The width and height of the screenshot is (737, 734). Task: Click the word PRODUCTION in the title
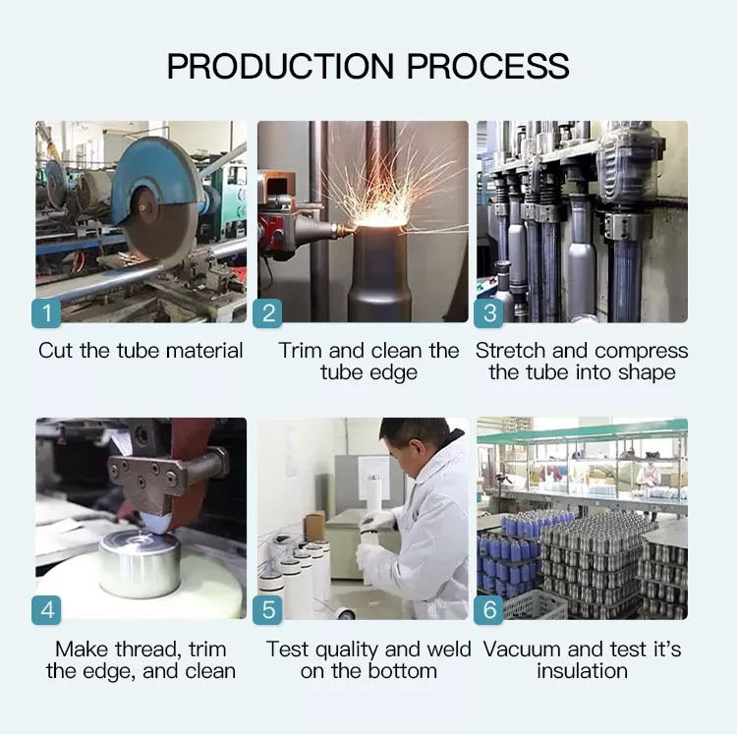(281, 66)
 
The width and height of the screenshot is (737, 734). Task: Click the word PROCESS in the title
(487, 66)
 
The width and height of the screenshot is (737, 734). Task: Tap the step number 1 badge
(46, 313)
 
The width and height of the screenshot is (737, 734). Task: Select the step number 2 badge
(267, 313)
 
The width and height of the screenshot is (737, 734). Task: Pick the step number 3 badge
(488, 313)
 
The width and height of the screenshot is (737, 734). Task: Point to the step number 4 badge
(46, 610)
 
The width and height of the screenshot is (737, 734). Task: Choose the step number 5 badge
(267, 610)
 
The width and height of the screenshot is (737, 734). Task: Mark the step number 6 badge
(488, 610)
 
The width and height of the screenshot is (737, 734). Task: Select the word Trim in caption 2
(301, 351)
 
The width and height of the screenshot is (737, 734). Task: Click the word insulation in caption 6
(583, 671)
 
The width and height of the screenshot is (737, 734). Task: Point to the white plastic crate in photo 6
(534, 605)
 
